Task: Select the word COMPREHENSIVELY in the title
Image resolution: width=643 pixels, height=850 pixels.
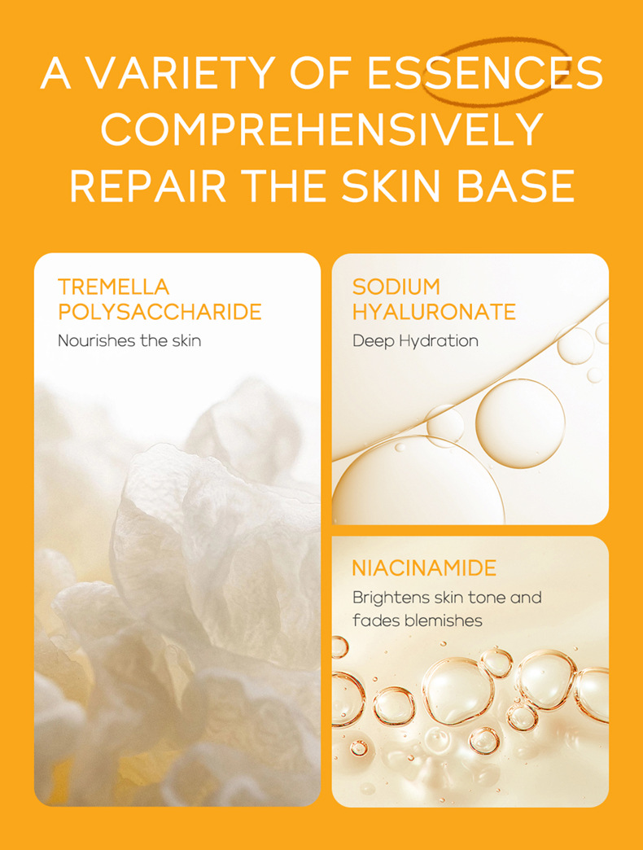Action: point(321,130)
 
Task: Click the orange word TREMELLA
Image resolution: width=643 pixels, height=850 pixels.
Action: point(113,287)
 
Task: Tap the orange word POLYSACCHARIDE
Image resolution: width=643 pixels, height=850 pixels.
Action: point(160,311)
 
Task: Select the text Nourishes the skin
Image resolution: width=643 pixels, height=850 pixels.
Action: point(129,340)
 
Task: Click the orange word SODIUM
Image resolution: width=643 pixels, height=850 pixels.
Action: point(396,287)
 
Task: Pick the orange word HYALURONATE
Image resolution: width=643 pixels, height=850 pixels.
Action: point(434,311)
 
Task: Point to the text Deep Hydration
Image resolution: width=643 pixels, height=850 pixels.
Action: point(415,340)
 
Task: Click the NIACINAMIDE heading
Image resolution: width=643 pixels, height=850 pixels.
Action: point(423,567)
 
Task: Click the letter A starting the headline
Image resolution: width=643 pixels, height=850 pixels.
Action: point(56,74)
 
